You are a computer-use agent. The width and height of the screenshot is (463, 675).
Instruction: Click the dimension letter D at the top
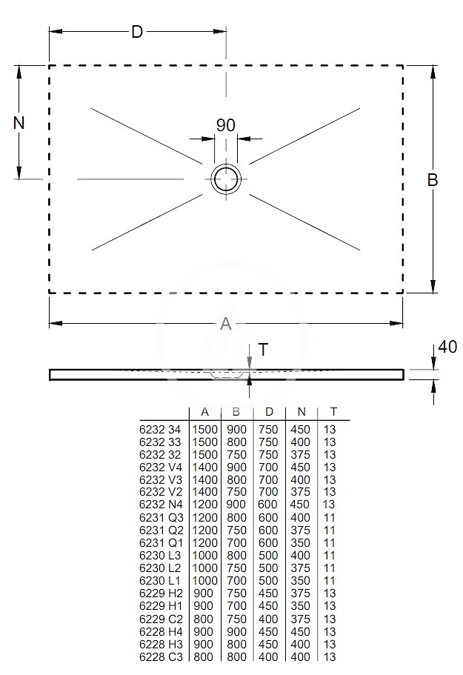pos(137,32)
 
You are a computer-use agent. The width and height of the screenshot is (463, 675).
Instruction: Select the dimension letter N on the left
pos(19,123)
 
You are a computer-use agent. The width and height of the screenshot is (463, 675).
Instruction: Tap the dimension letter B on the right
pos(433,180)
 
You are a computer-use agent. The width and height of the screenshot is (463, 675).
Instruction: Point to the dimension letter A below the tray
pos(225,324)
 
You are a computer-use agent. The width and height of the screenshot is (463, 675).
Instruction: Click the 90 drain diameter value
pos(225,125)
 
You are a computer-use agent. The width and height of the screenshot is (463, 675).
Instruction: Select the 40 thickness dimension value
pos(447,347)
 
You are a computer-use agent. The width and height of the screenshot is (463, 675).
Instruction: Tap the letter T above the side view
pos(263,350)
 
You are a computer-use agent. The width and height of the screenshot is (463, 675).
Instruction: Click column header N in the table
pos(302,412)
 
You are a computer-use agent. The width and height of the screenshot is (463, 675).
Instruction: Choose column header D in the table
pos(269,412)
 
